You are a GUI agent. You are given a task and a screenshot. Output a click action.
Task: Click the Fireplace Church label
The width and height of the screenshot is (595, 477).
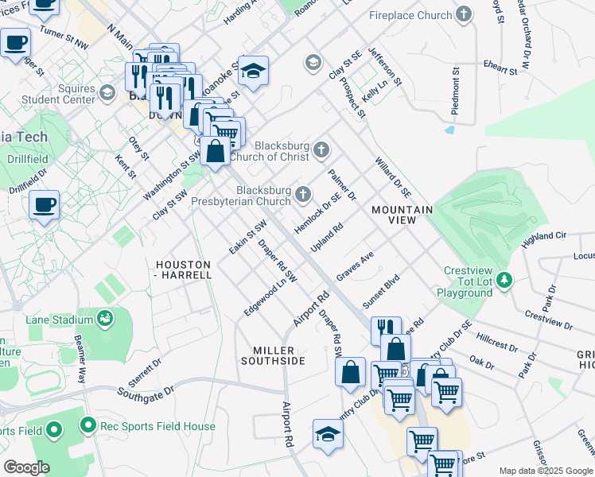tap(410, 15)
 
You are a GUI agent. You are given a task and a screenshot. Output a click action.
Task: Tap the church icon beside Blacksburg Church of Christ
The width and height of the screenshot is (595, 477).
tap(321, 149)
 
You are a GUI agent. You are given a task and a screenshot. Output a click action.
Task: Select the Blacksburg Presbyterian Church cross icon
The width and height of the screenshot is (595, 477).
tap(303, 194)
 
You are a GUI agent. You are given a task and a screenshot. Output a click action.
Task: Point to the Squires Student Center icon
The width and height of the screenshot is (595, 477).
tap(107, 95)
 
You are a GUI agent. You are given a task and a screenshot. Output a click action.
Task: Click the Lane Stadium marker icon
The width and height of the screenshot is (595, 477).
tap(104, 320)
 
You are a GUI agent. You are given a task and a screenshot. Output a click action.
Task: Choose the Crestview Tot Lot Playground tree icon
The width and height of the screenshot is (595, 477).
tap(504, 280)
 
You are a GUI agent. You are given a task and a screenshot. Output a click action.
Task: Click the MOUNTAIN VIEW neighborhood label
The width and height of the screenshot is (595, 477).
tap(402, 215)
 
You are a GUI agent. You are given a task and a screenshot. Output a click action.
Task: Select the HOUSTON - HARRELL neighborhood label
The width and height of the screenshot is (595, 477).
tap(184, 270)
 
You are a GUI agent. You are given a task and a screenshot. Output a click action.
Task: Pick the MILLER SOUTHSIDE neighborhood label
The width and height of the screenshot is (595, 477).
tap(278, 355)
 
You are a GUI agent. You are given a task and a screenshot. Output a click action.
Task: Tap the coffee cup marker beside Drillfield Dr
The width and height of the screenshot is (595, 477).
tap(44, 205)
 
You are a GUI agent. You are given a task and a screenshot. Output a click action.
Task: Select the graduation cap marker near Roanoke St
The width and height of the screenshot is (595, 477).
tap(253, 71)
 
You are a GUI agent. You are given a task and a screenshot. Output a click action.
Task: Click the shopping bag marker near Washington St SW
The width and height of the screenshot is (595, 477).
tap(215, 149)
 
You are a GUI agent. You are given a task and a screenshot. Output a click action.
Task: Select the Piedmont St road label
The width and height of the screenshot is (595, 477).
tap(457, 83)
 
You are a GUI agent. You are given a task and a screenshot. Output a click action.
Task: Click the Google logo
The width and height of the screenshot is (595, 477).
tap(27, 467)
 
